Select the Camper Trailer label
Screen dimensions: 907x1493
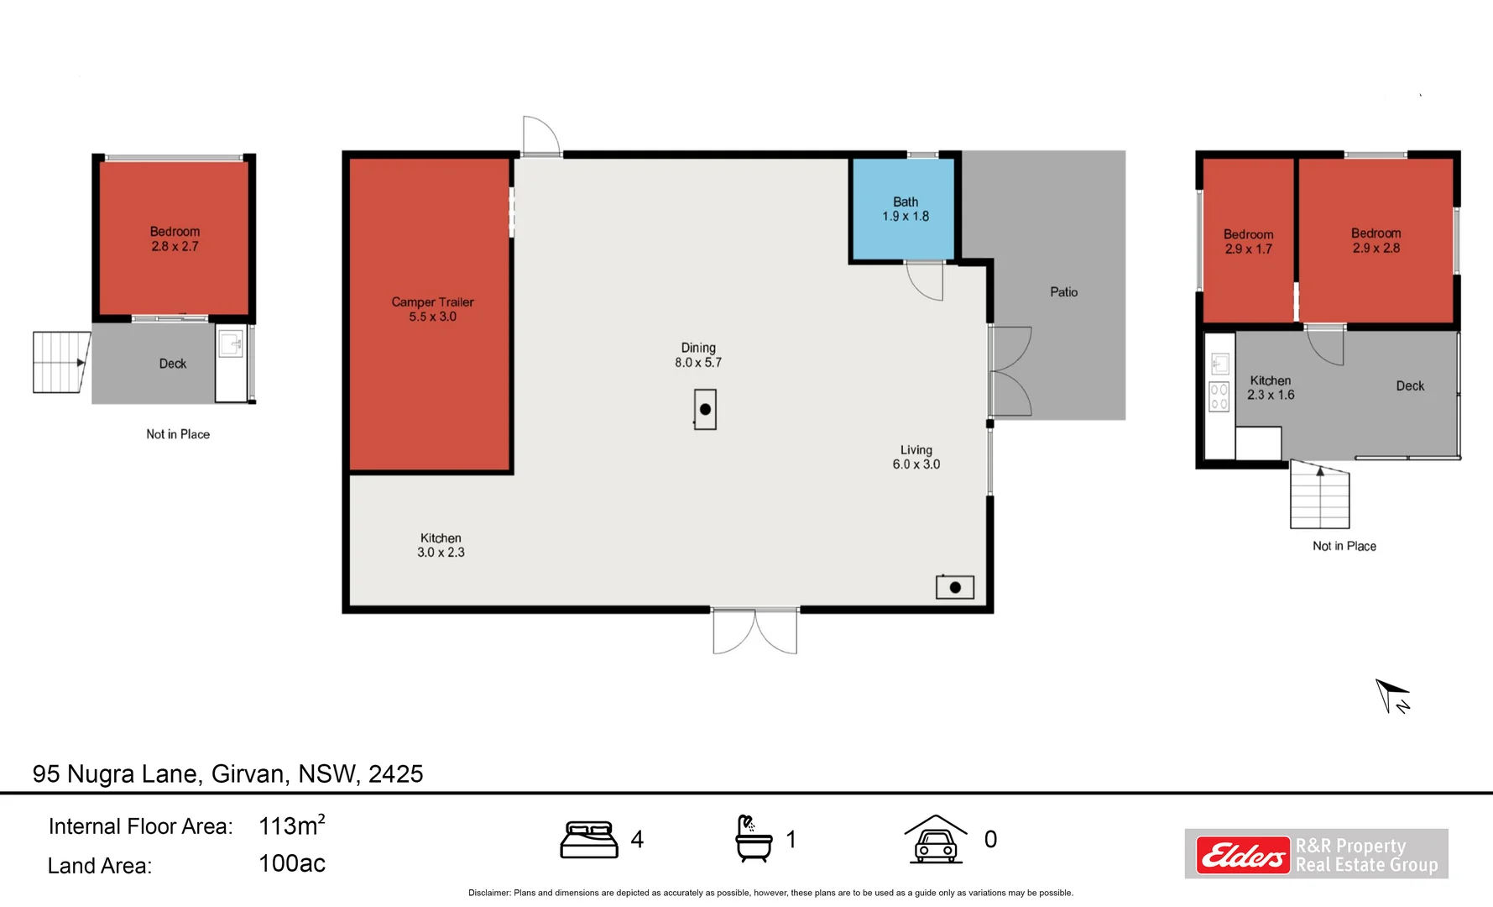432,309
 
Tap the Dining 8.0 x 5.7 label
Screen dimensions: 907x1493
698,354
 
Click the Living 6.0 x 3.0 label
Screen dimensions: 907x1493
916,457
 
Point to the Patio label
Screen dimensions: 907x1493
1063,292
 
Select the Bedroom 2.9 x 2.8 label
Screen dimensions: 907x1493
1376,240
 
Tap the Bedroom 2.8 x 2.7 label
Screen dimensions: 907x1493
175,239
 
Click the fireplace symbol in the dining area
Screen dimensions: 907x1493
705,410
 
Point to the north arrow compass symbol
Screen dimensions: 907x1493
1391,696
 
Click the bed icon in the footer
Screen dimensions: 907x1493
589,840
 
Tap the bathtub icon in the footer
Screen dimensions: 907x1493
753,838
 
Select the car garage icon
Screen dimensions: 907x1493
936,839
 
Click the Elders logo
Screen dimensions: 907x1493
1243,855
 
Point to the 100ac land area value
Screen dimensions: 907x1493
291,863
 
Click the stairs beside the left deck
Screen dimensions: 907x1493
60,362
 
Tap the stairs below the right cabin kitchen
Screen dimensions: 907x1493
1319,495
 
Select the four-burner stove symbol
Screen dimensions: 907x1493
1219,397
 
